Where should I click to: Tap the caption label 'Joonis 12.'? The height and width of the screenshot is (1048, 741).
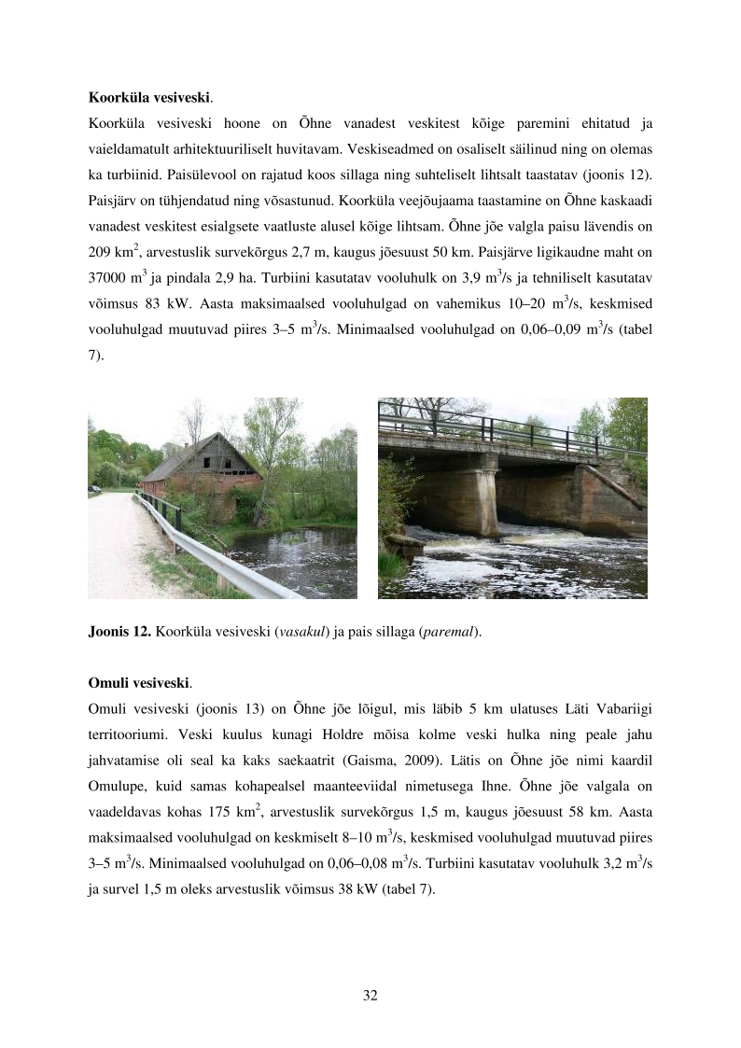[x=119, y=632]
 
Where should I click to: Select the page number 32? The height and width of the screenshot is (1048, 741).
[x=370, y=995]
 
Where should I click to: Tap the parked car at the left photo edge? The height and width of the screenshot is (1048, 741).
[x=92, y=487]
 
